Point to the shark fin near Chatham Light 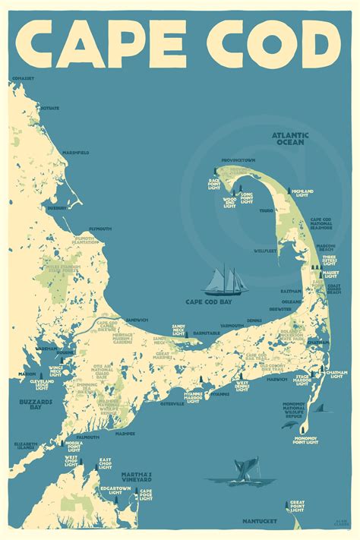[x=319, y=409]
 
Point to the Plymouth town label [x=100, y=229]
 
